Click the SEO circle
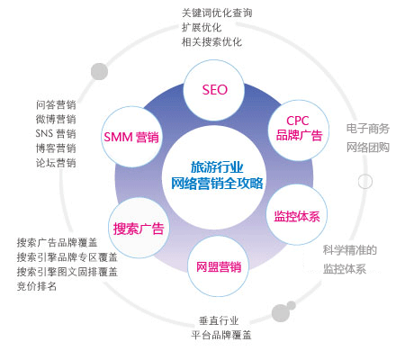coord(214,90)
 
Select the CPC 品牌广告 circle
coord(298,130)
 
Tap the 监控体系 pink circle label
coord(297,217)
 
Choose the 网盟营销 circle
coord(219,266)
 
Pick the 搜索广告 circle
coord(139,229)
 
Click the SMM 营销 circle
coord(131,137)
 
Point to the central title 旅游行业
coord(217,167)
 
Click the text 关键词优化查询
coord(217,13)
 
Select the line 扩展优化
coord(202,27)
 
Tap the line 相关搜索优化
coord(211,41)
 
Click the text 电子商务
coord(368,129)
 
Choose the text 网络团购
coord(368,148)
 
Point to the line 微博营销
coord(56,119)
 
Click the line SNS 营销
coord(56,133)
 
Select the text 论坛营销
coord(56,163)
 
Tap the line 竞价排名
coord(37,286)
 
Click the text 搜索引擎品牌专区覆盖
coord(67,257)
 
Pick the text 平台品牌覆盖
coord(221,335)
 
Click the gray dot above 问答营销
coord(99,71)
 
